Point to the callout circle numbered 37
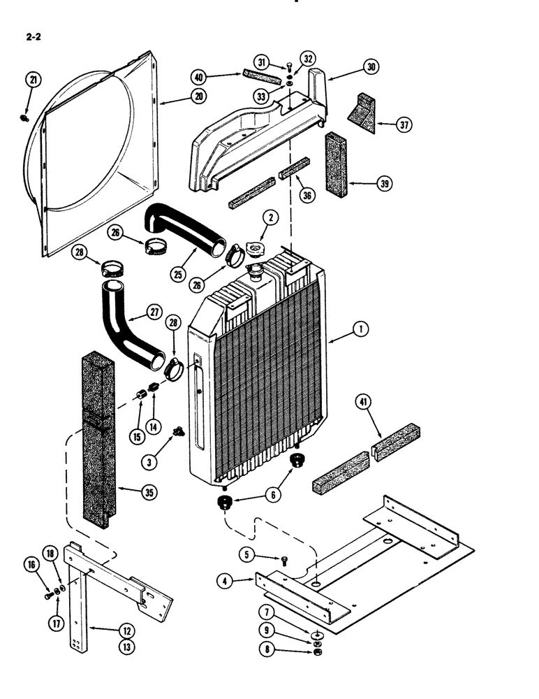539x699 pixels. (404, 125)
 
